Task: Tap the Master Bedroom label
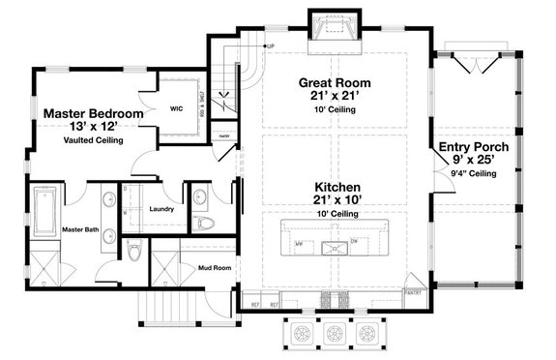coord(94,114)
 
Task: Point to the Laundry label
coord(161,208)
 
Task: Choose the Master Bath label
coord(57,229)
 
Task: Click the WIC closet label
coord(177,108)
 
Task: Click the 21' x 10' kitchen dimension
coord(337,199)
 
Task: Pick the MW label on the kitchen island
coord(299,244)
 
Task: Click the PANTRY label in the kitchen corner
coord(414,288)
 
